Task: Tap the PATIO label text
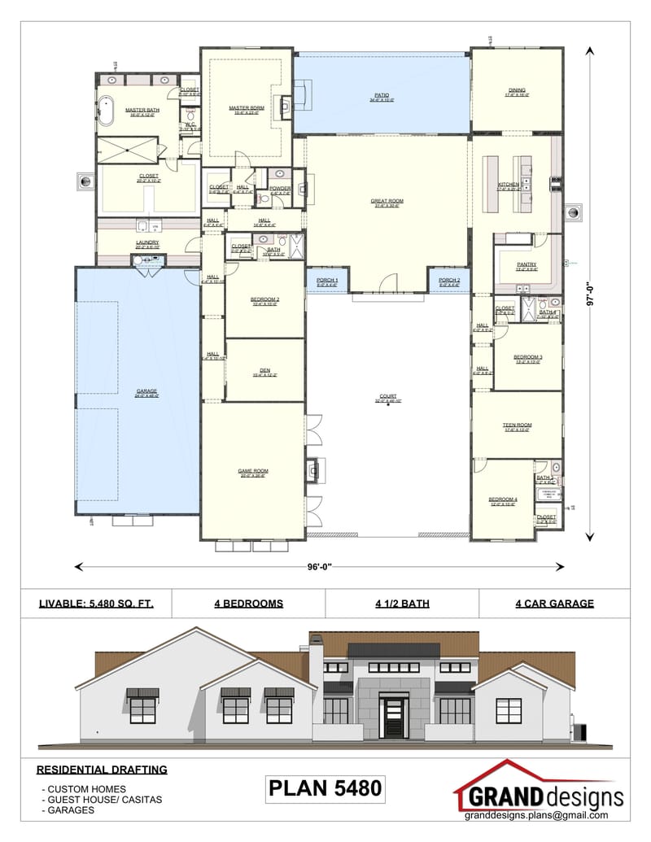[382, 95]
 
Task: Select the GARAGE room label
[147, 391]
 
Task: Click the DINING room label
[517, 90]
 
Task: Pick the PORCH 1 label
[326, 281]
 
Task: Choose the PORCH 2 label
[449, 281]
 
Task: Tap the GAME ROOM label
[254, 471]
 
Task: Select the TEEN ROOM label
[517, 425]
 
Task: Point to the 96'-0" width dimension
[318, 566]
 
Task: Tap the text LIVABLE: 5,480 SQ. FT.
[96, 604]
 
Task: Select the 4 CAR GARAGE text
[554, 604]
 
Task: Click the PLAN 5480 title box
[325, 788]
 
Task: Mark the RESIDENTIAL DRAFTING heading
[102, 769]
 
